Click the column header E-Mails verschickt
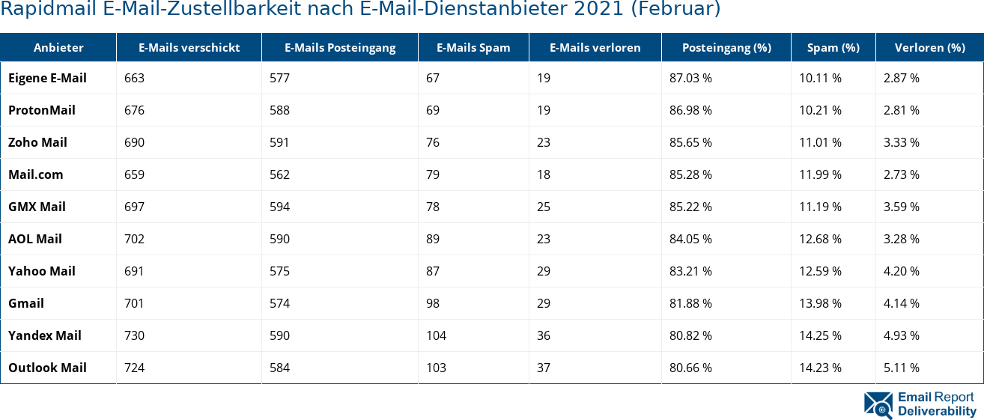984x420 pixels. click(x=189, y=47)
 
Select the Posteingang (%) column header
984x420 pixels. click(x=726, y=47)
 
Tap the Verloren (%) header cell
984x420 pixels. click(x=929, y=47)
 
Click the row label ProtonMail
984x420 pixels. click(x=42, y=110)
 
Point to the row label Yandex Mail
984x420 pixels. click(x=45, y=335)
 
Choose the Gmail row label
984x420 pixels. click(x=26, y=303)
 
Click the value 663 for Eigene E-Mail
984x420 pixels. click(x=134, y=78)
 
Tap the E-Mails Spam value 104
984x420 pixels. click(x=436, y=335)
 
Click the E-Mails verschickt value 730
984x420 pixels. click(x=134, y=335)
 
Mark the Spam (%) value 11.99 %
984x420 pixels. click(x=820, y=174)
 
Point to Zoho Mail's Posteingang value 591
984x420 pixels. click(x=279, y=142)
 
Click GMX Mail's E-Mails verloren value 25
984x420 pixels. click(x=544, y=207)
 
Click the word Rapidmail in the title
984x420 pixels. click(x=37, y=10)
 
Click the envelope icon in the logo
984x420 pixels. click(x=878, y=404)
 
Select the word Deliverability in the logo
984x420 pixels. click(x=937, y=411)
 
